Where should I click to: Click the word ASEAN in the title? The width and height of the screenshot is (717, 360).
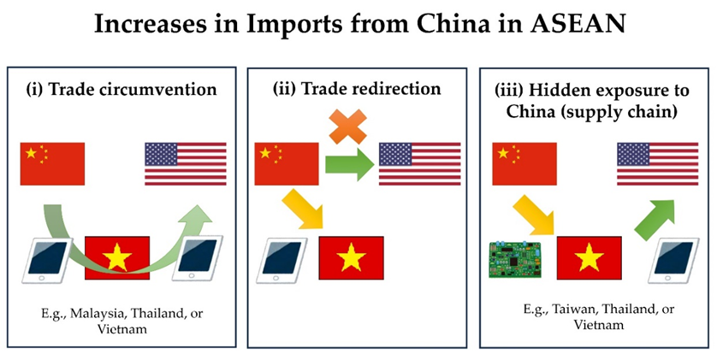click(x=578, y=25)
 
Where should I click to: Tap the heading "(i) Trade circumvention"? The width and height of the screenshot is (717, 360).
click(x=121, y=89)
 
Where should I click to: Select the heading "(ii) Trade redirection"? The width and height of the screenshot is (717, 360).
click(x=357, y=88)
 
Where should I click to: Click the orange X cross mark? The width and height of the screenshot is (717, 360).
click(x=348, y=127)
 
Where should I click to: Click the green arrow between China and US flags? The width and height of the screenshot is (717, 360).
click(x=350, y=164)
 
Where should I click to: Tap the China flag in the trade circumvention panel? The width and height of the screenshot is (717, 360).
click(x=52, y=163)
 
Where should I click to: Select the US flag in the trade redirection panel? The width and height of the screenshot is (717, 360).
click(x=420, y=163)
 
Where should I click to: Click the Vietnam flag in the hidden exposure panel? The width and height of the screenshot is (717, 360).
click(x=589, y=257)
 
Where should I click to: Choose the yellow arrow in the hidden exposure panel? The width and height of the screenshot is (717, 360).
click(x=533, y=215)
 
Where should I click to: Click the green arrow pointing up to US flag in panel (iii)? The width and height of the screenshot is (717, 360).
click(x=655, y=220)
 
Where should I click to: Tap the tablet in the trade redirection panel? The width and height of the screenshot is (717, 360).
click(x=281, y=261)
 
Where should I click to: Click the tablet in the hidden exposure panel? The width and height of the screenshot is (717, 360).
click(x=673, y=261)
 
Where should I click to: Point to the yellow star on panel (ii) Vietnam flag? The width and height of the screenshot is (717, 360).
click(x=351, y=257)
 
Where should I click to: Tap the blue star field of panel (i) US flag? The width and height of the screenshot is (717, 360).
click(x=161, y=154)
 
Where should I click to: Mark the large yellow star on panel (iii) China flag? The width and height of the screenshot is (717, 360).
click(x=503, y=153)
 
